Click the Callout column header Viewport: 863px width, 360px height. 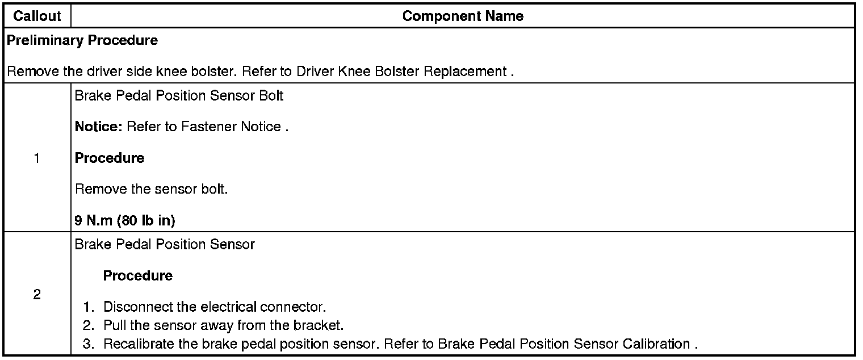[37, 16]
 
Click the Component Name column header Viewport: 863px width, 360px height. [463, 16]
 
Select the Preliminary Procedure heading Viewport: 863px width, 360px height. [82, 41]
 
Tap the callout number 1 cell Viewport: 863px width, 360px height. [37, 158]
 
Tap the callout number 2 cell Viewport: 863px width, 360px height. [37, 295]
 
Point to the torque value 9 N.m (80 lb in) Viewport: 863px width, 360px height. [125, 221]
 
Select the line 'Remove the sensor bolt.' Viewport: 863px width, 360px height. [151, 189]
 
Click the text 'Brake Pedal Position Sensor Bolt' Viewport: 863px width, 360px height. [179, 95]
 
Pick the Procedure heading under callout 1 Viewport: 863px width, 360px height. [110, 158]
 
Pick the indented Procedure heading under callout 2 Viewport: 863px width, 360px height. [138, 275]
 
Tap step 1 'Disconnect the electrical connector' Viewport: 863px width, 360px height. [215, 308]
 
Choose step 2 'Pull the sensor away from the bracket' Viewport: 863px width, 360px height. [224, 326]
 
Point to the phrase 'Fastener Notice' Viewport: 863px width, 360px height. [231, 127]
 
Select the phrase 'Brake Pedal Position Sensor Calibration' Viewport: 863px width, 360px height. [584, 344]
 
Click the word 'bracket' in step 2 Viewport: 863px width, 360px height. [322, 326]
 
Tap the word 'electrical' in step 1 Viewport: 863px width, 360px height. [229, 308]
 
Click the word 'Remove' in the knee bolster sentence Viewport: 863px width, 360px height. [28, 72]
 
